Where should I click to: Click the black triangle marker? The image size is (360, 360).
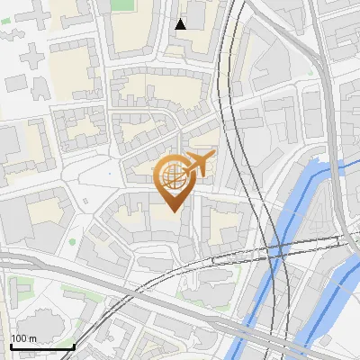coord(181,24)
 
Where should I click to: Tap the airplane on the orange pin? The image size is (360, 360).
coord(198,165)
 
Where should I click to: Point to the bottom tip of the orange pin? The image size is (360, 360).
coord(171,211)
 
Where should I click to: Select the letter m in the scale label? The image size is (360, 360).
coord(32,338)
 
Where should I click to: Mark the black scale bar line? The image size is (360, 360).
coord(41,346)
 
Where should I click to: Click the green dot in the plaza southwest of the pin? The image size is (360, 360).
coord(73,241)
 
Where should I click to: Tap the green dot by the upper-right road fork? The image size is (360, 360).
coord(310,73)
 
